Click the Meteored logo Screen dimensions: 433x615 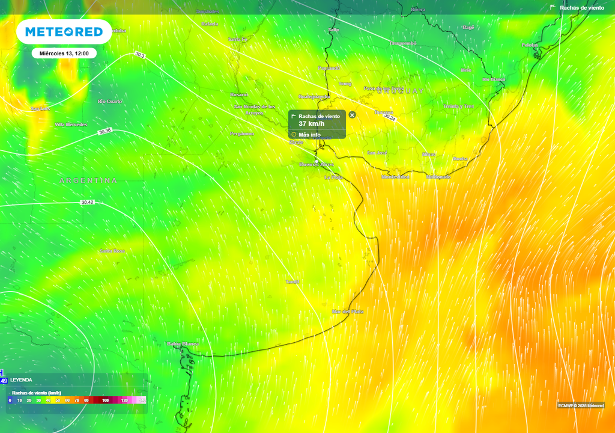pos(64,32)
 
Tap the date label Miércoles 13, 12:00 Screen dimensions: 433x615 pos(64,54)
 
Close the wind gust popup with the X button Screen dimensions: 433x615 pos(353,114)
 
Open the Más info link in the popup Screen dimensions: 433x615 pos(310,135)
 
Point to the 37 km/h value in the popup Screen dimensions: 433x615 pos(310,124)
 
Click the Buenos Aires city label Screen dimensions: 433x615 pos(316,164)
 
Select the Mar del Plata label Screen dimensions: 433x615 pos(348,312)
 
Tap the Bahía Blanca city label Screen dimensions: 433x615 pos(183,344)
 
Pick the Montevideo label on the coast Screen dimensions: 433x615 pos(396,177)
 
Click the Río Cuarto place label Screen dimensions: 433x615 pos(110,101)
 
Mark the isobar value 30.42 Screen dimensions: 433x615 pos(88,203)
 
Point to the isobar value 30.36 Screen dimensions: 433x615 pos(105,131)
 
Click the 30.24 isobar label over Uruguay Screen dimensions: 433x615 pos(390,118)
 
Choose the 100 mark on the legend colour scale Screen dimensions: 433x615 pos(105,400)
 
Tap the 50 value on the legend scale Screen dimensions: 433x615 pos(58,400)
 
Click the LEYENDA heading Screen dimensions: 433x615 pos(22,380)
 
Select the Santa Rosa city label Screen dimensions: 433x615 pos(112,251)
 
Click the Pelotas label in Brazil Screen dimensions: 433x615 pos(530,45)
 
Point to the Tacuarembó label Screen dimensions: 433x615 pos(403,43)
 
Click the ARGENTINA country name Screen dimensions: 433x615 pos(88,180)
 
